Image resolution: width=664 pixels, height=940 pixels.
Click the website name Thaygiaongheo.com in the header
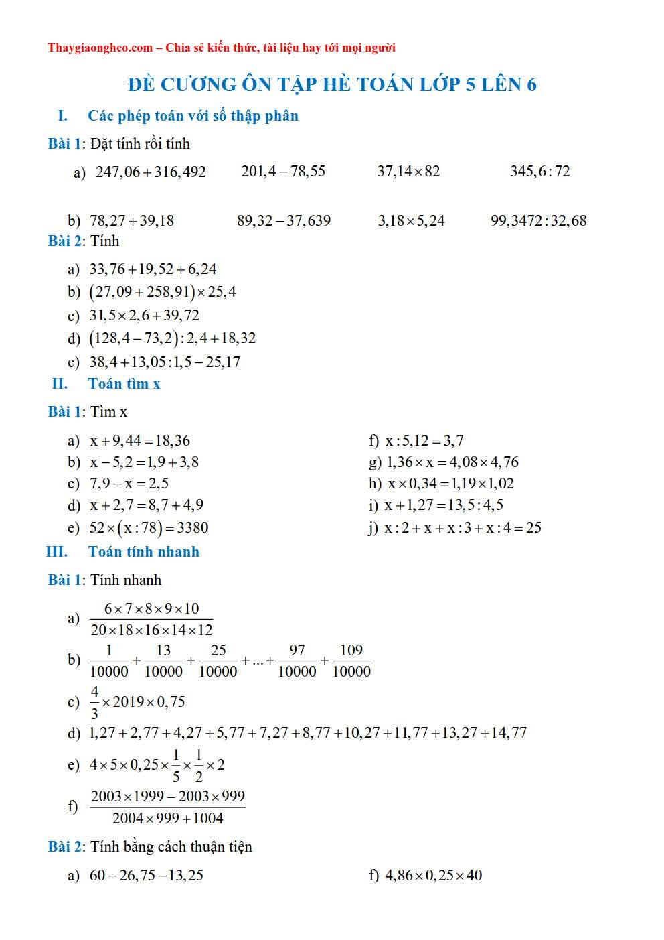coord(100,48)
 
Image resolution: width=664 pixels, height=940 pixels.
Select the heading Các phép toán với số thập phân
coord(193,116)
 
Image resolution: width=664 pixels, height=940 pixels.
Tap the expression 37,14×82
coord(408,172)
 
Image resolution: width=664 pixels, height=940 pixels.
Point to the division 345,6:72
coord(539,172)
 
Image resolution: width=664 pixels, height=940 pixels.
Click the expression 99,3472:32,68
coord(538,221)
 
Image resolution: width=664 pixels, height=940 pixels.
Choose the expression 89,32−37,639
coord(284,221)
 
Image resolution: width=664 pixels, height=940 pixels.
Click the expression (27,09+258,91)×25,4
coord(163,292)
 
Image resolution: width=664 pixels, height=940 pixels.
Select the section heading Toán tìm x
coord(124,384)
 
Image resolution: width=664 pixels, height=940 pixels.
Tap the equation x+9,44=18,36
coord(140,441)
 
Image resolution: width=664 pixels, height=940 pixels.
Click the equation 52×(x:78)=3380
coord(149,528)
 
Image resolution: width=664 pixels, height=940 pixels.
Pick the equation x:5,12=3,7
coord(424,441)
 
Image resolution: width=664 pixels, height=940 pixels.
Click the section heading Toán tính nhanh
coord(143,552)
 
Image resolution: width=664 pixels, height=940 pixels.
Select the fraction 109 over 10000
coord(351,661)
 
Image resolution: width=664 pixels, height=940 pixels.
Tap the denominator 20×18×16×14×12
coord(151,630)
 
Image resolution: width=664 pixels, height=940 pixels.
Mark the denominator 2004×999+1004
coord(167,818)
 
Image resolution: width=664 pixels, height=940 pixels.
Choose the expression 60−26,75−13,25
coord(147,876)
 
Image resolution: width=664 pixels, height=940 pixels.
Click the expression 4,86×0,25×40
coord(433,876)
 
